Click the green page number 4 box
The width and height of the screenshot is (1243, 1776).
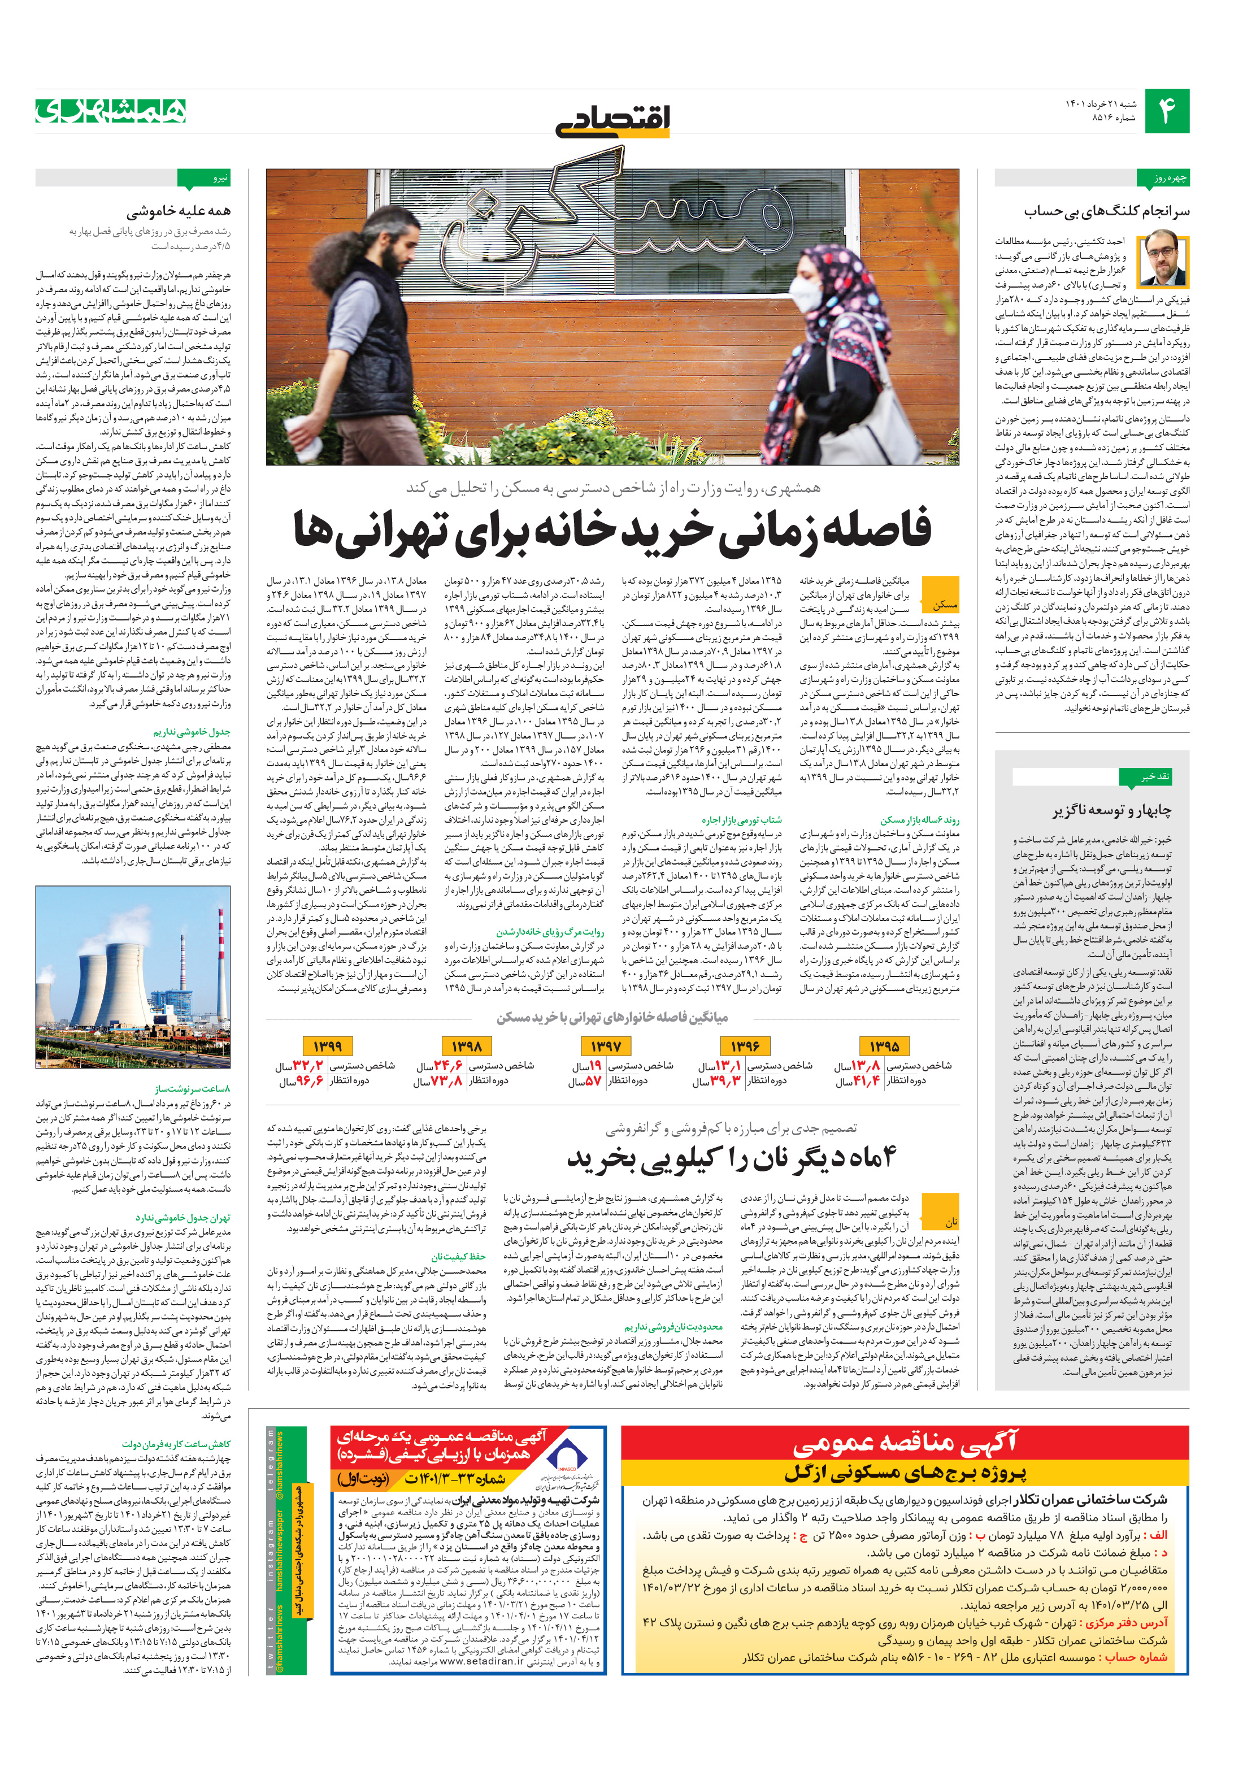[1166, 111]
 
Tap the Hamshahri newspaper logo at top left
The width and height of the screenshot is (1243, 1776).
[111, 111]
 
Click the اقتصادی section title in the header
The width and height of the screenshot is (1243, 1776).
[612, 120]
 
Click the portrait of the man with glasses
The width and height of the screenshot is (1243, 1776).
[1163, 258]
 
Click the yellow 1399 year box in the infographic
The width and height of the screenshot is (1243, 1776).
[327, 1046]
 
